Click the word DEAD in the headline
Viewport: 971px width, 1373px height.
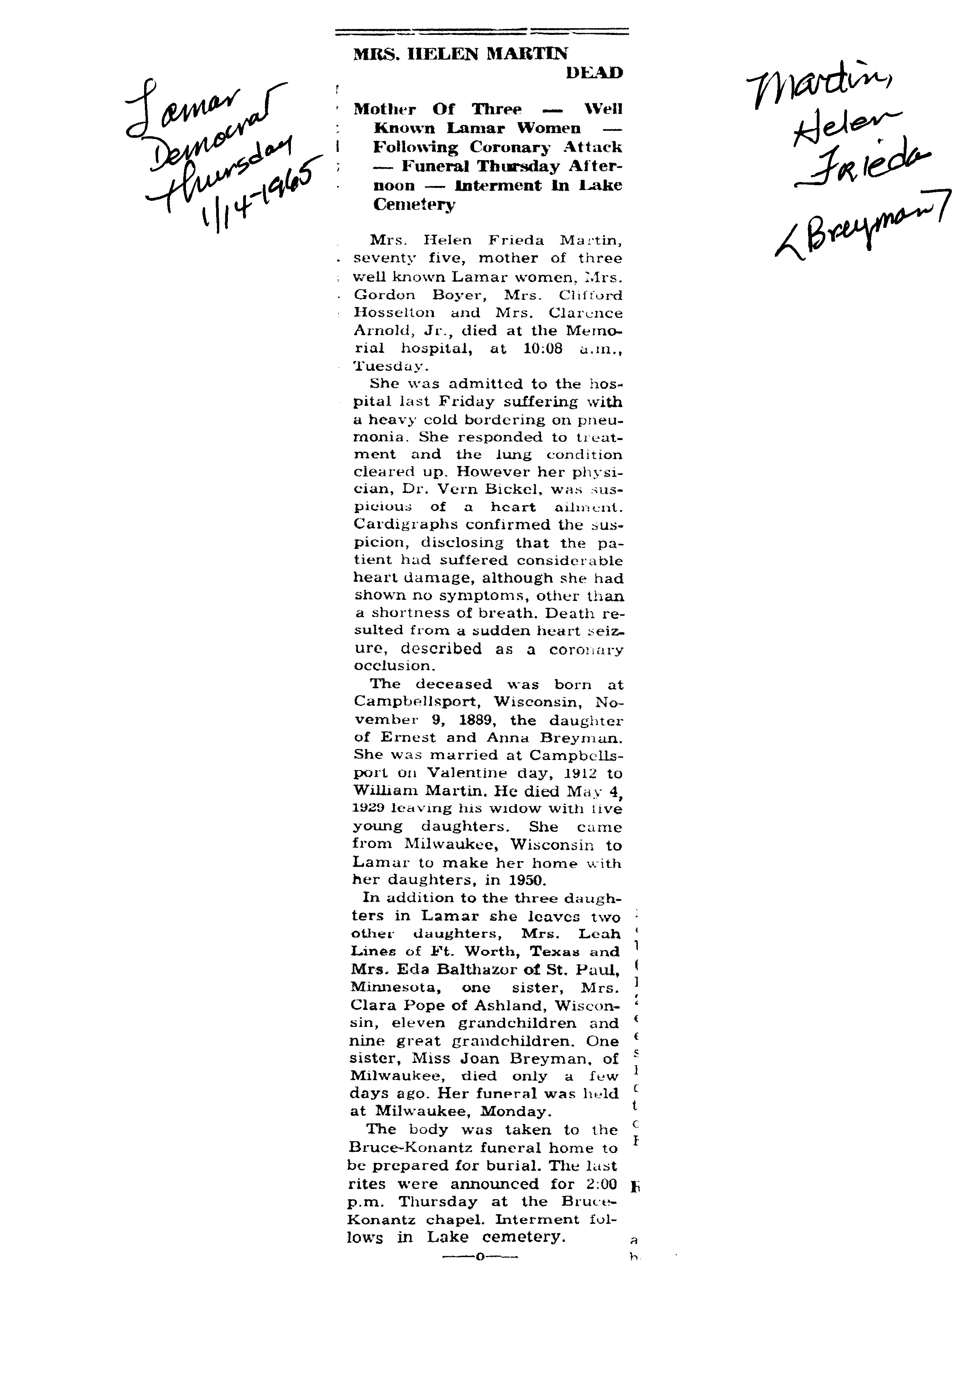[594, 73]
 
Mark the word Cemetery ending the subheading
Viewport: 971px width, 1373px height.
[414, 204]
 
